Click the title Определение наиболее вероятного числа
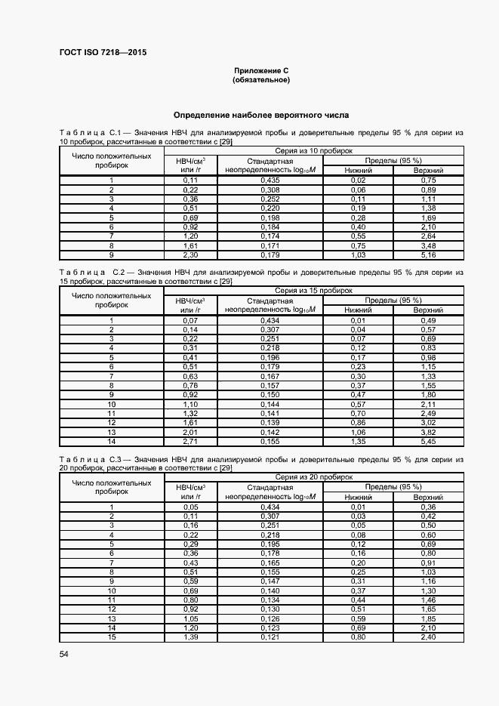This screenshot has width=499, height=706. point(261,116)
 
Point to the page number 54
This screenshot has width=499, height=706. point(63,653)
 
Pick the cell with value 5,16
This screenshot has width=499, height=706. point(428,255)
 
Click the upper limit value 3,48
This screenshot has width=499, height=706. point(428,245)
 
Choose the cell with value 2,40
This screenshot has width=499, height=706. point(428,638)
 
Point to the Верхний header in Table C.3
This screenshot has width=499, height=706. point(428,497)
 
